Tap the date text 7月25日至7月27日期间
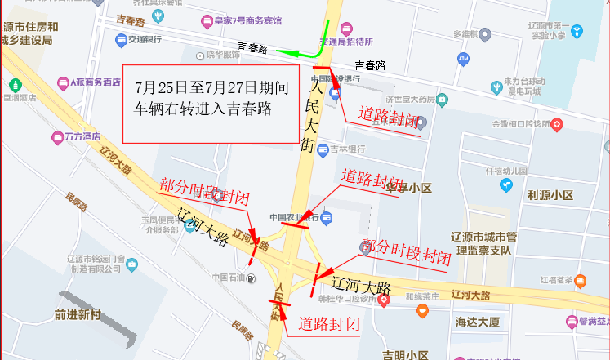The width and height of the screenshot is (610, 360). click(x=212, y=87)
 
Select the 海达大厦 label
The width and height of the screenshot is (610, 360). click(x=478, y=322)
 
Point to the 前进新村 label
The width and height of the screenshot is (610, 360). click(x=78, y=314)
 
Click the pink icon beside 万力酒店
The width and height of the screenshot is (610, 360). click(x=57, y=137)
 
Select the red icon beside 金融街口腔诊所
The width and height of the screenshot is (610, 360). click(x=557, y=124)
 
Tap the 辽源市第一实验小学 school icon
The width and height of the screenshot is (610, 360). click(x=578, y=31)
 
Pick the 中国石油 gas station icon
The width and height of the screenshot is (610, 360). click(x=252, y=278)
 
